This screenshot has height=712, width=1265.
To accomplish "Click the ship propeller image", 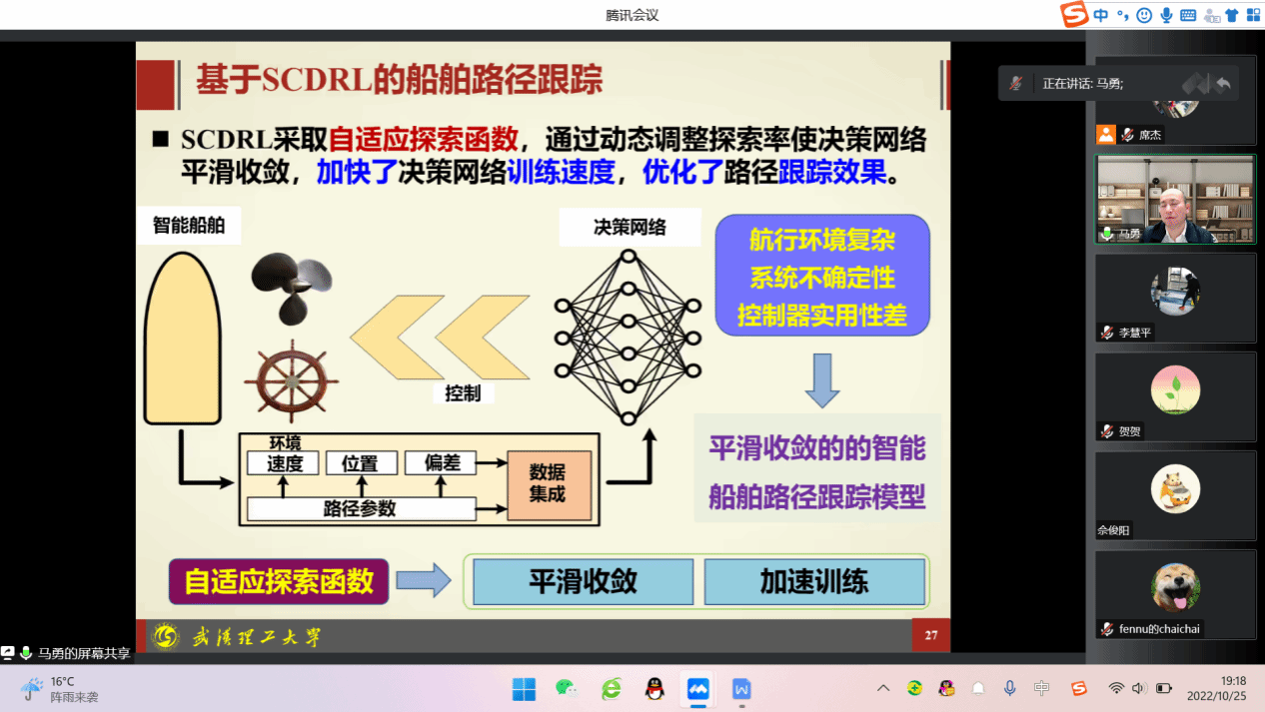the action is click(x=292, y=289).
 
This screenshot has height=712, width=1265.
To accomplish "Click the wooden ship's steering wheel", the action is click(x=292, y=381).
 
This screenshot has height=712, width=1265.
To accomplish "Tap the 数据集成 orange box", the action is click(x=549, y=484).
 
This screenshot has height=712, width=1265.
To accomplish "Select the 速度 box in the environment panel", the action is click(x=284, y=463).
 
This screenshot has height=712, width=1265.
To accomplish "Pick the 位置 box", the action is click(x=362, y=463).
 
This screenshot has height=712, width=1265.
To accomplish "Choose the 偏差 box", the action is click(x=441, y=463).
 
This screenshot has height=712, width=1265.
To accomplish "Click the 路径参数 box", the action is click(x=362, y=509).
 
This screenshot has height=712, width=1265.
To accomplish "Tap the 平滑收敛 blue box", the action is click(x=583, y=581).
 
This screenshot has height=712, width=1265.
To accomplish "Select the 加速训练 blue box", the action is click(x=814, y=581).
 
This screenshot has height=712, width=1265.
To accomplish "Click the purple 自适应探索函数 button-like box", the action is click(x=279, y=581).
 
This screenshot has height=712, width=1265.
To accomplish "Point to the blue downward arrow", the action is click(x=822, y=380).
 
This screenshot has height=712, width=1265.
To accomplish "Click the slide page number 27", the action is click(x=931, y=635).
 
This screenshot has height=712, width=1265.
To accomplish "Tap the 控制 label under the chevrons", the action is click(x=463, y=393).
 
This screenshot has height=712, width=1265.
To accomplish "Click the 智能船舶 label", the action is click(x=189, y=226).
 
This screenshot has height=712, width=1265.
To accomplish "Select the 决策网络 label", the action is click(x=630, y=228).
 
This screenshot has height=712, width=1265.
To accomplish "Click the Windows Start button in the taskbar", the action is click(x=524, y=689).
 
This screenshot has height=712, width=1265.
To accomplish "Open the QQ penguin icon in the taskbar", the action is click(x=654, y=689).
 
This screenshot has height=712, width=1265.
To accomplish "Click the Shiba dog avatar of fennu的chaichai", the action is click(x=1175, y=587).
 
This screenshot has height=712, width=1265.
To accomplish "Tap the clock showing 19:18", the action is click(x=1233, y=681).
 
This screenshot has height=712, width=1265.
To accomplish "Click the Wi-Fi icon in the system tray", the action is click(x=1116, y=688).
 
